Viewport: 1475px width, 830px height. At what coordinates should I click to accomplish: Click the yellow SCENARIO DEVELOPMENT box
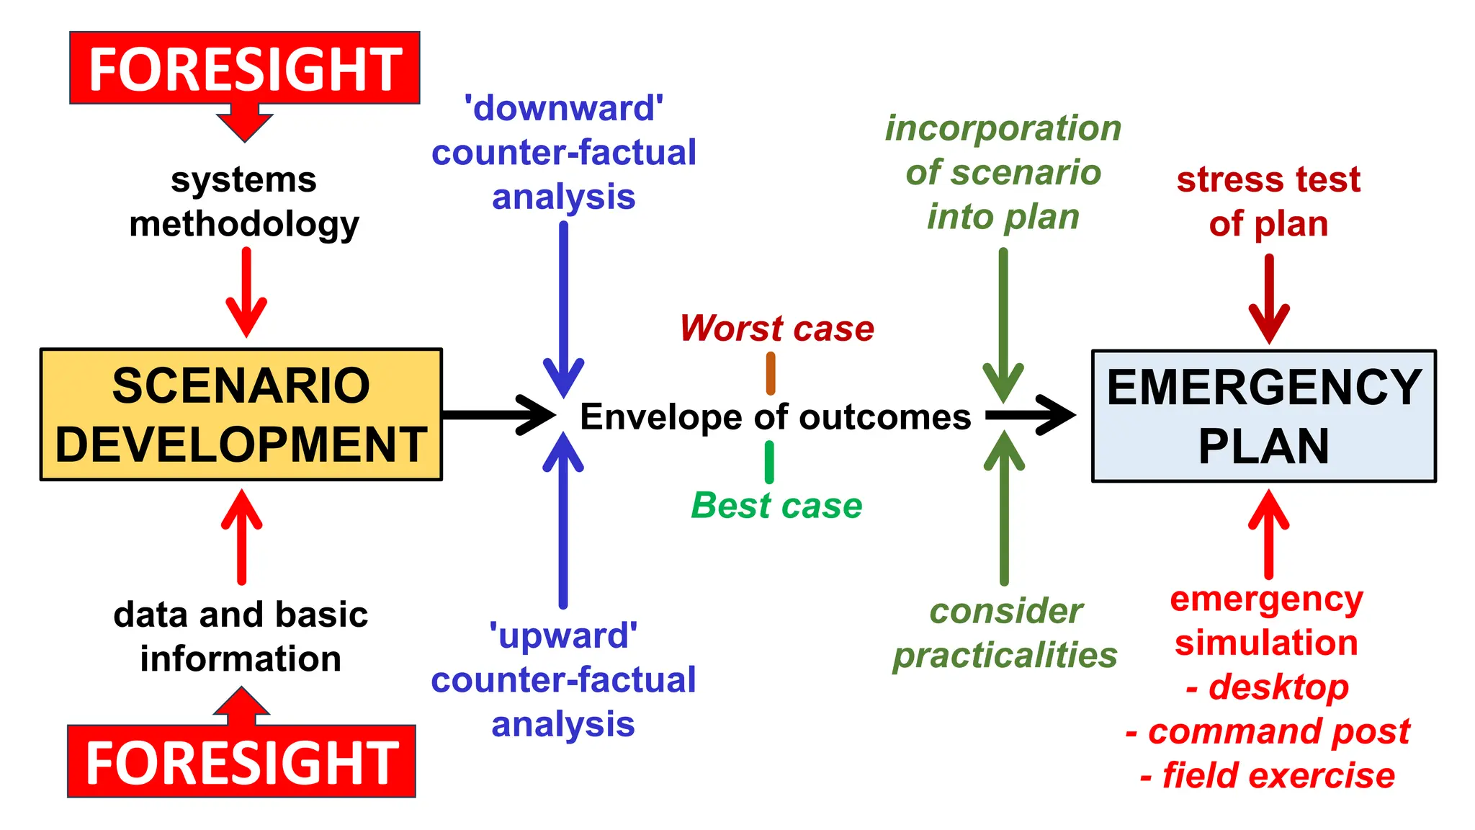[241, 414]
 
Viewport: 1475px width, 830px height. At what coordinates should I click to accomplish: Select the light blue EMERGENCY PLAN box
[1263, 416]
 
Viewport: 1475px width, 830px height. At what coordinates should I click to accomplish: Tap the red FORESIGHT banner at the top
[244, 68]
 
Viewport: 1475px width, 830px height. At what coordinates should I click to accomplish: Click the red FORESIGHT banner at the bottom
[241, 762]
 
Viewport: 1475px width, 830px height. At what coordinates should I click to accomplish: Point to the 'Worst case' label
[776, 329]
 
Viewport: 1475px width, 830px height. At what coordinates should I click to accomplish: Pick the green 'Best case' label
[776, 505]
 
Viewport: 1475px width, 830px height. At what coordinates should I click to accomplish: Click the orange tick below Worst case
[771, 373]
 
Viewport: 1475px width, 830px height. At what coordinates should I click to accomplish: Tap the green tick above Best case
[769, 462]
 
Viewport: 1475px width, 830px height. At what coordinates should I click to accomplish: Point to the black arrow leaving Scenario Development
[497, 415]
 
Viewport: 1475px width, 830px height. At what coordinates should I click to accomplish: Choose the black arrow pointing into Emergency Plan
[1030, 415]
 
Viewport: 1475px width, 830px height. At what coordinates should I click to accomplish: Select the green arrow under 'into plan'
[1003, 324]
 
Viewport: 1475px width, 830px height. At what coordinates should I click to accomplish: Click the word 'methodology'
[244, 224]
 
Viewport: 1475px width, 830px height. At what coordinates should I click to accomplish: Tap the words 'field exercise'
[1278, 776]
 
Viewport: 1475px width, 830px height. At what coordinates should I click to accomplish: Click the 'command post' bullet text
[1278, 732]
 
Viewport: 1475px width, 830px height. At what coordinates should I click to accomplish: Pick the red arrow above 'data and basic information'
[241, 536]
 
